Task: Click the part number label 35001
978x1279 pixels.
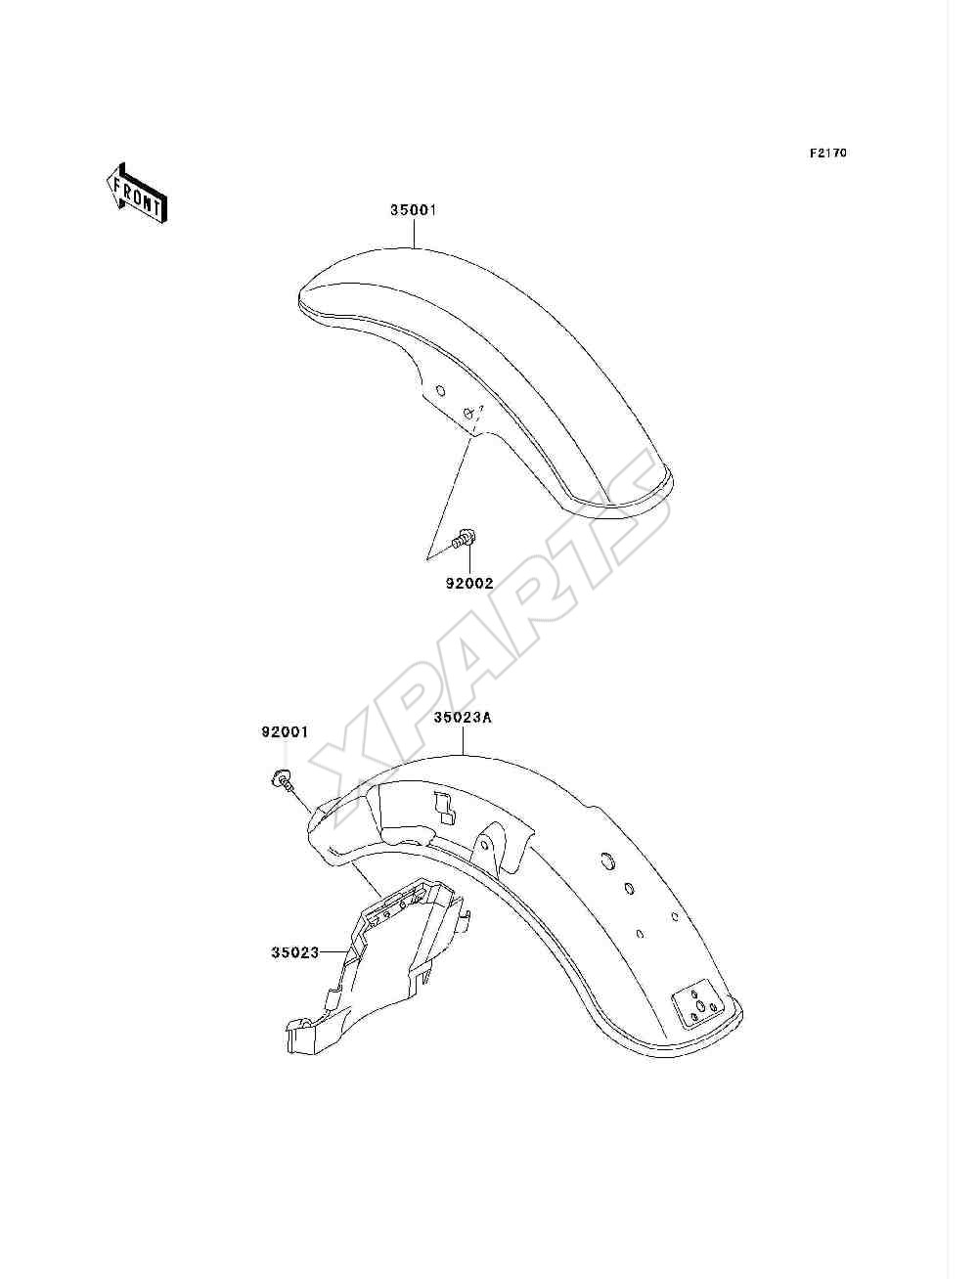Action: click(x=413, y=210)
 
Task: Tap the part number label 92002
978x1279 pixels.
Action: click(x=469, y=583)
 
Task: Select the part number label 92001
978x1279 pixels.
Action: click(x=285, y=731)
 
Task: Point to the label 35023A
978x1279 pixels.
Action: click(x=463, y=718)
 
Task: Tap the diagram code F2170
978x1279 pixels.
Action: click(x=827, y=153)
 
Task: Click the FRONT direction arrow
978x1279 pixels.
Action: click(x=137, y=193)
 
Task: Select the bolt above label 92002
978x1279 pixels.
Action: click(x=465, y=537)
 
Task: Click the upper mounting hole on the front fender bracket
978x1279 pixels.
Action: click(x=441, y=389)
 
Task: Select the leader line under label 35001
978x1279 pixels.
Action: click(x=414, y=233)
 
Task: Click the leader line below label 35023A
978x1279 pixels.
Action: click(x=464, y=740)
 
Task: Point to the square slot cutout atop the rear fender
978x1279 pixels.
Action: click(x=445, y=807)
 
